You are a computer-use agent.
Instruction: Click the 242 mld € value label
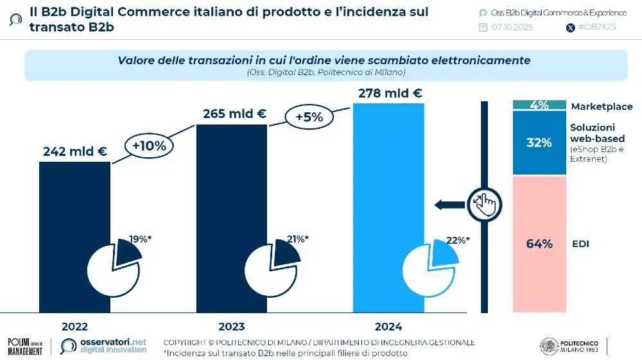coord(74,151)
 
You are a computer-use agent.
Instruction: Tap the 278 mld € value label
coord(390,93)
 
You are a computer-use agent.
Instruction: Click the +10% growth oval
coord(149,146)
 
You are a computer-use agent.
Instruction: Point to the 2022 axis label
coord(74,326)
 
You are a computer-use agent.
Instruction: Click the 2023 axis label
coord(231,326)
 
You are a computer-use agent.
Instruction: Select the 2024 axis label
coord(389,326)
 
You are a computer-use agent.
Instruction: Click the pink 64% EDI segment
coord(539,244)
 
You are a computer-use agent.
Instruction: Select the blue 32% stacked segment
coord(539,142)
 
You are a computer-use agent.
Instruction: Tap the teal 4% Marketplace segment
coord(539,105)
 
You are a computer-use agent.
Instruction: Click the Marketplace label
coord(602,107)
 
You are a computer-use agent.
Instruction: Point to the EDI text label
coord(580,244)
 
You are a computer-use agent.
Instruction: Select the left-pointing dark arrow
coord(450,205)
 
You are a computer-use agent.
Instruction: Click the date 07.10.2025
coord(512,27)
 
